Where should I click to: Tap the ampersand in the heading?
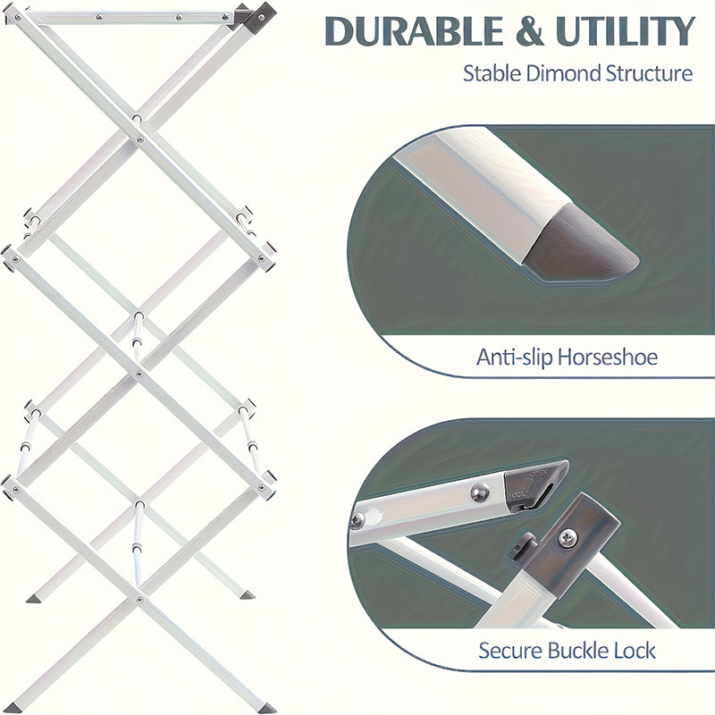coord(528,31)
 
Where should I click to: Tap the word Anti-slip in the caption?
coord(512,358)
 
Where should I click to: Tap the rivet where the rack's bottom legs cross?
coord(139,600)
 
